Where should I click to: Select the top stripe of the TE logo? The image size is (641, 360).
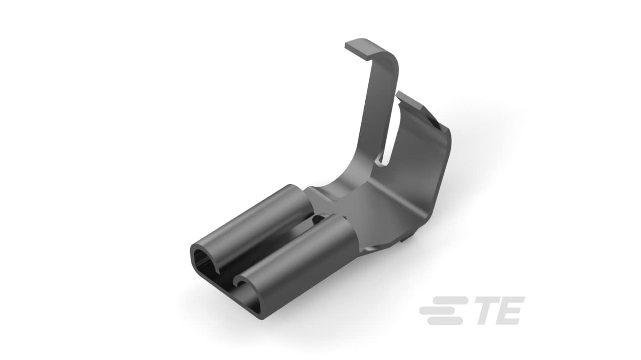point(450,300)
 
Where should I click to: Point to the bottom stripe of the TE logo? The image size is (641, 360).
point(445,321)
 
